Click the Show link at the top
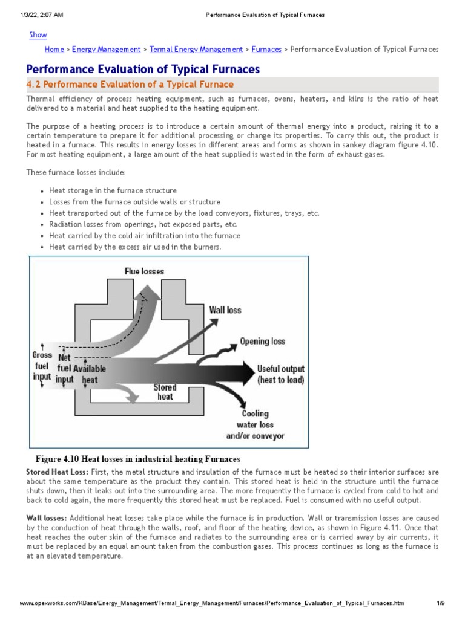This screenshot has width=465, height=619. click(x=38, y=35)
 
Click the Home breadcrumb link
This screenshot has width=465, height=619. click(x=54, y=50)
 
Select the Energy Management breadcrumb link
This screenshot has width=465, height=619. click(x=107, y=50)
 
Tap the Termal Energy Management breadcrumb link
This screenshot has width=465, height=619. click(x=196, y=50)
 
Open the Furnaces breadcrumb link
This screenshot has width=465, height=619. click(x=266, y=50)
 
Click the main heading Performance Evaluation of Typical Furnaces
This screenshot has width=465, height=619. click(x=143, y=69)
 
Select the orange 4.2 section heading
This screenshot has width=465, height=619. click(x=130, y=85)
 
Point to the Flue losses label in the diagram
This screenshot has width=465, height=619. click(x=144, y=271)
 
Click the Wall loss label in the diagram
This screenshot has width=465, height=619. click(x=225, y=310)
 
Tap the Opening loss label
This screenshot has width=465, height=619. click(x=262, y=342)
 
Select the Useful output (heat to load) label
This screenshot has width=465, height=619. click(x=280, y=374)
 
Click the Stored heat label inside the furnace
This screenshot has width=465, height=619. click(x=165, y=392)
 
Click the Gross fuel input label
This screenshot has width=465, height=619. click(x=42, y=366)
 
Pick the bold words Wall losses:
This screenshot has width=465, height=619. click(x=48, y=519)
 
